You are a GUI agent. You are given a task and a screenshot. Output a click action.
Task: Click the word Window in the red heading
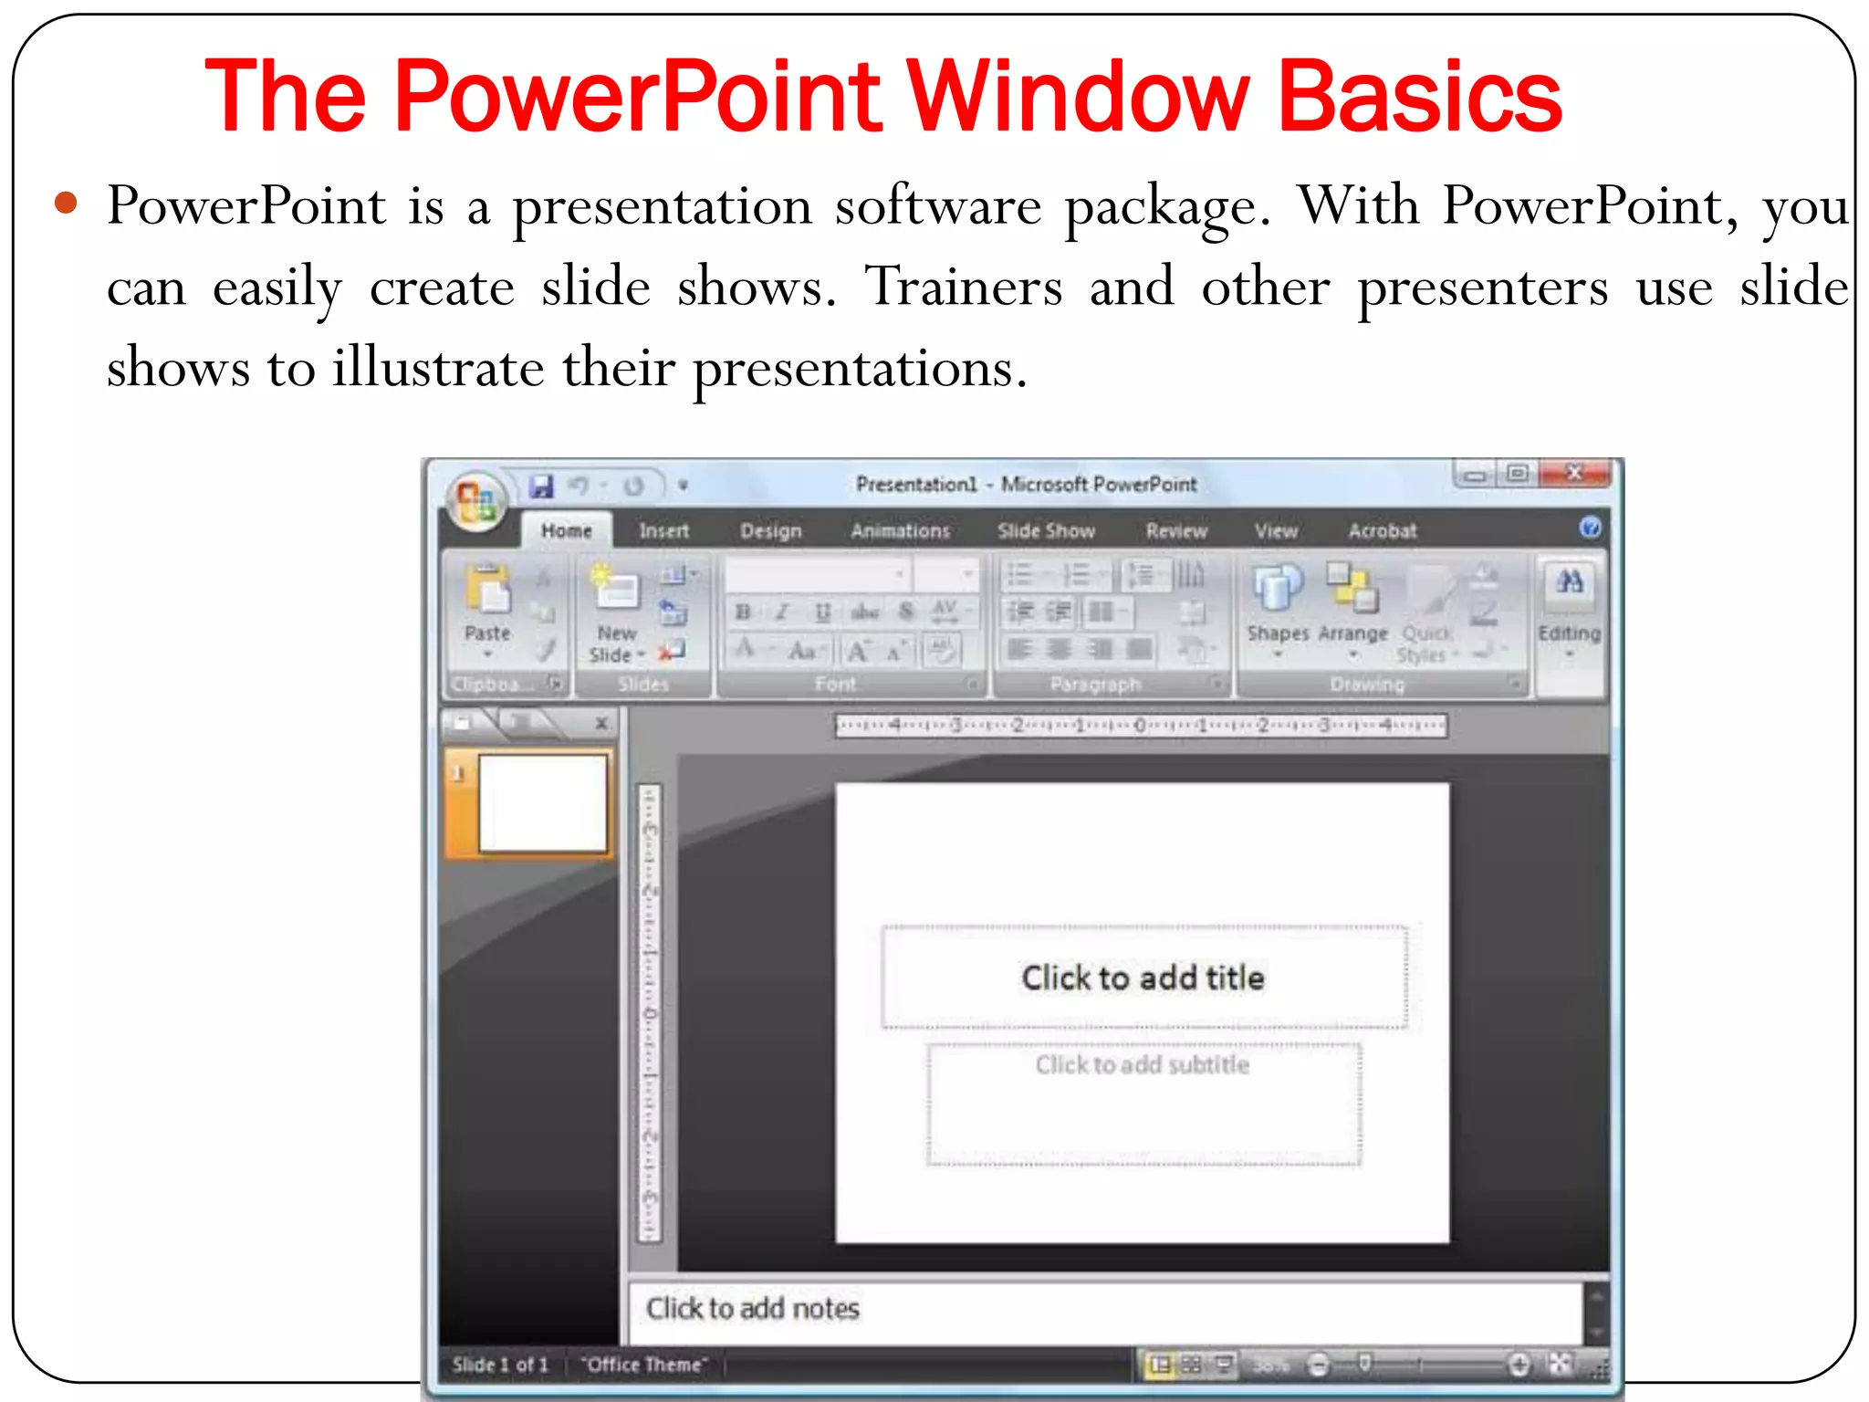click(1077, 96)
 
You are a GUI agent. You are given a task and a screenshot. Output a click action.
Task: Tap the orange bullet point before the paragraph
click(66, 203)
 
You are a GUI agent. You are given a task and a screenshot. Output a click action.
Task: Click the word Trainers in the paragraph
click(964, 287)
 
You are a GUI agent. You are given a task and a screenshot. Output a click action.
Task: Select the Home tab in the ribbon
click(566, 530)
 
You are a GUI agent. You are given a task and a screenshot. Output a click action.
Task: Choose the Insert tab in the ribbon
click(663, 530)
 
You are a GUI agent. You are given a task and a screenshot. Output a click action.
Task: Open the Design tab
click(770, 530)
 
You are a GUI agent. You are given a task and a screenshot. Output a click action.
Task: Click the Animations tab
click(900, 530)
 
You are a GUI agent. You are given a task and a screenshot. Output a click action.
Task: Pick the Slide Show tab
click(1046, 530)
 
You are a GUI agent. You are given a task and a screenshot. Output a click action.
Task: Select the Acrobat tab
click(1383, 530)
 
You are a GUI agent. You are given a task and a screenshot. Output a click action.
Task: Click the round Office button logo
click(476, 500)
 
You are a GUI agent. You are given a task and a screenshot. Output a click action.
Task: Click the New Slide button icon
click(616, 589)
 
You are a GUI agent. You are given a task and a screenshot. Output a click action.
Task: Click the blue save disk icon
click(542, 486)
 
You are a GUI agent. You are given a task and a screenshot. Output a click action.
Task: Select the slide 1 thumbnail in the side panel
click(542, 803)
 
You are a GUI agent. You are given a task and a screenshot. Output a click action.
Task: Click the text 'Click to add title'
click(1143, 978)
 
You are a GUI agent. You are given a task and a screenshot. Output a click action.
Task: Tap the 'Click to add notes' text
click(753, 1308)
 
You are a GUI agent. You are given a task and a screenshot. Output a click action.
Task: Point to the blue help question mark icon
click(1590, 528)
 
